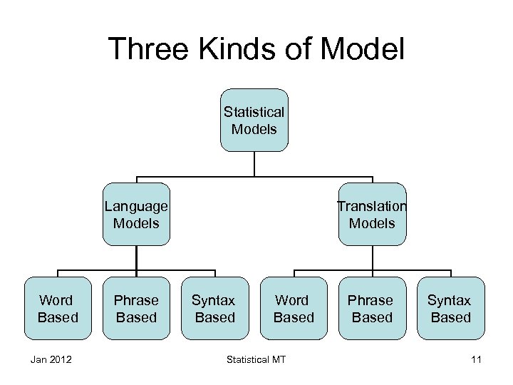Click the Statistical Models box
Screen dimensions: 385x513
click(x=254, y=120)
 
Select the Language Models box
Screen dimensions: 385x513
click(x=136, y=215)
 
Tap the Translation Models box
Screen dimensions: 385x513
click(x=372, y=215)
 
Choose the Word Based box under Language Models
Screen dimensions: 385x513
click(x=58, y=308)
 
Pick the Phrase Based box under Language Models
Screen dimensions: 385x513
click(x=136, y=308)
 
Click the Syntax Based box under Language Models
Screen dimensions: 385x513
click(x=214, y=308)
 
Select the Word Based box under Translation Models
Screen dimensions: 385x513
click(x=294, y=308)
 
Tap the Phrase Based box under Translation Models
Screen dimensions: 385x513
click(x=372, y=308)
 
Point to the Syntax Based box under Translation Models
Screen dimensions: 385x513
click(x=450, y=308)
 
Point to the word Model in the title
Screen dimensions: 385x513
click(x=365, y=50)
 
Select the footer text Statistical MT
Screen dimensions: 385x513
click(x=256, y=360)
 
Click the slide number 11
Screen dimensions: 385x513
click(x=476, y=360)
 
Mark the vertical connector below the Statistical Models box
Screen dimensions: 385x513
click(x=254, y=164)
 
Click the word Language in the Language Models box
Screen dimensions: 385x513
click(x=136, y=207)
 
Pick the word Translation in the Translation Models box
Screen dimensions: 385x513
click(x=372, y=207)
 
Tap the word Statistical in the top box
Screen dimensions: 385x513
click(x=254, y=113)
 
